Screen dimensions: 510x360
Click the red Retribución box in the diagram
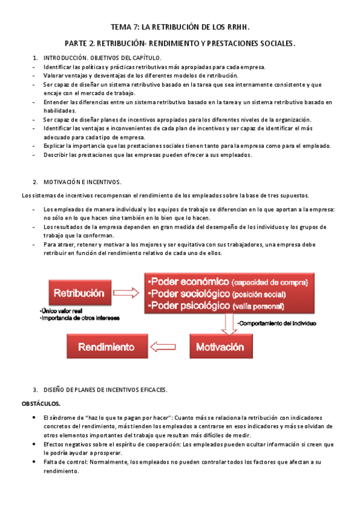click(79, 293)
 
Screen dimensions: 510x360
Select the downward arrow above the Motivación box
click(229, 324)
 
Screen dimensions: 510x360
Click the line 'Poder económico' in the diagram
click(228, 281)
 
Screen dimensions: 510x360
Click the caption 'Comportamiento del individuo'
click(275, 323)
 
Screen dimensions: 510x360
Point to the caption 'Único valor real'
click(61, 310)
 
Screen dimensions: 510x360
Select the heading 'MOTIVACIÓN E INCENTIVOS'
click(82, 182)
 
